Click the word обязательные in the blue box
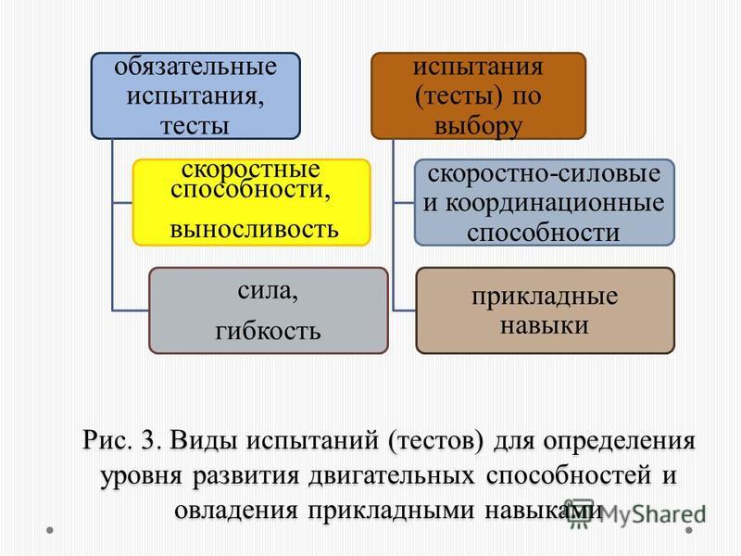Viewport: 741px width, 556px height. [x=195, y=67]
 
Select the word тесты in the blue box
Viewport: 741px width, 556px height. [x=195, y=126]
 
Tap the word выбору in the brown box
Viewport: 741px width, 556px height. [x=478, y=127]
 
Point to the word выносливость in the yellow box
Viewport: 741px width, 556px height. [x=254, y=230]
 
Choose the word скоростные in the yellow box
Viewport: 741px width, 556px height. [x=250, y=170]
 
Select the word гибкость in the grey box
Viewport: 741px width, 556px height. [x=268, y=331]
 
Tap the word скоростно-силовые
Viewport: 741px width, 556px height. [x=544, y=174]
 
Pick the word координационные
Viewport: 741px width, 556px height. [x=555, y=204]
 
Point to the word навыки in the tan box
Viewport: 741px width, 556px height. [x=545, y=326]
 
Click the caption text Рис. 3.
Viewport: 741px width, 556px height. [x=122, y=440]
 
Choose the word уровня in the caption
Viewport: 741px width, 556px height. [x=142, y=476]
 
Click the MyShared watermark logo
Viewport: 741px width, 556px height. [x=635, y=513]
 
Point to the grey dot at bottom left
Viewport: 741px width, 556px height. [x=50, y=530]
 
